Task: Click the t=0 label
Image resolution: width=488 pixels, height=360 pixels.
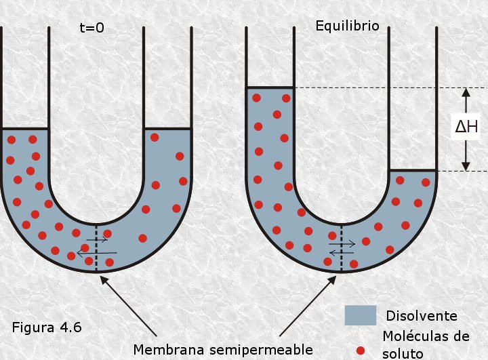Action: pos(91,28)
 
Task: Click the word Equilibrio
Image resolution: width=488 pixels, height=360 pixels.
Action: pos(347,26)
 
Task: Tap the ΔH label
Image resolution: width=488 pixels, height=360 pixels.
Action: pos(466,127)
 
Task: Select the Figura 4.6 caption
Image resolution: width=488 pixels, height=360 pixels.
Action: pos(47,327)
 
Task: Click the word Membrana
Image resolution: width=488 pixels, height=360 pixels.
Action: pos(169,350)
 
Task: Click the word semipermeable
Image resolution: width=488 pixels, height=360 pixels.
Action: pos(261,351)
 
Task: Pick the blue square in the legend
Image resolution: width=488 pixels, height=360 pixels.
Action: pos(361,315)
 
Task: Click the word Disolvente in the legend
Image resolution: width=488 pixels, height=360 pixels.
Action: pos(422,316)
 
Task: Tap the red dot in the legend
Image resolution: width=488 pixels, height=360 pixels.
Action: pos(361,351)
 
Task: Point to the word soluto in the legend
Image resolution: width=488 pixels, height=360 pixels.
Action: pos(403,354)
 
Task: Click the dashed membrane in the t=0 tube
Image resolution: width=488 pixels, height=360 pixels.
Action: pos(96,248)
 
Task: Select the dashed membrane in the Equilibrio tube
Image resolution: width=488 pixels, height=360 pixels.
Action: pos(341,248)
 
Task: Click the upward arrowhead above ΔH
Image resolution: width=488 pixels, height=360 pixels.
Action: pos(466,92)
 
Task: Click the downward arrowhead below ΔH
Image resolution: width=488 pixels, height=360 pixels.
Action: pos(466,167)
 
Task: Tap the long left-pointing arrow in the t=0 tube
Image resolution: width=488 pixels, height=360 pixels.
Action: pos(97,254)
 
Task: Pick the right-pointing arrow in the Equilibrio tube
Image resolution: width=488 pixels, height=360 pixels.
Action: pos(342,244)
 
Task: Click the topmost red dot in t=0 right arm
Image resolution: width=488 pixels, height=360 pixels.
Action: pos(155,138)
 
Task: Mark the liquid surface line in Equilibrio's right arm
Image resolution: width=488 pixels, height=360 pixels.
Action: pos(413,170)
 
